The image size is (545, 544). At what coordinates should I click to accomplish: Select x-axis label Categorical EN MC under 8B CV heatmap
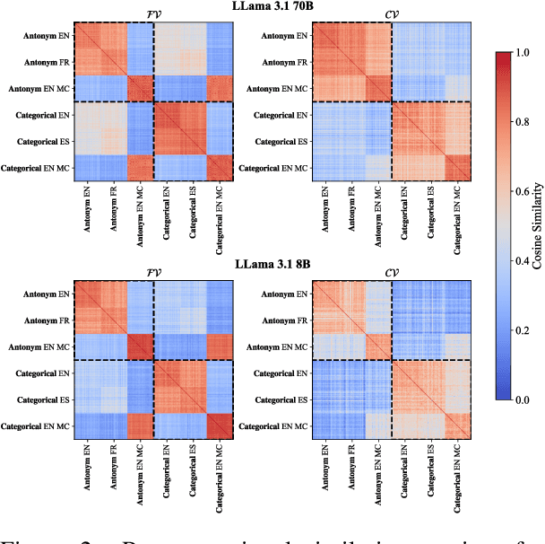tap(459, 478)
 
